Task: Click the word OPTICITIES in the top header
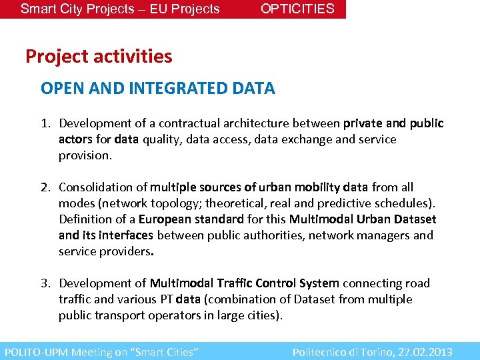click(x=297, y=9)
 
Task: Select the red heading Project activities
click(x=99, y=57)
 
